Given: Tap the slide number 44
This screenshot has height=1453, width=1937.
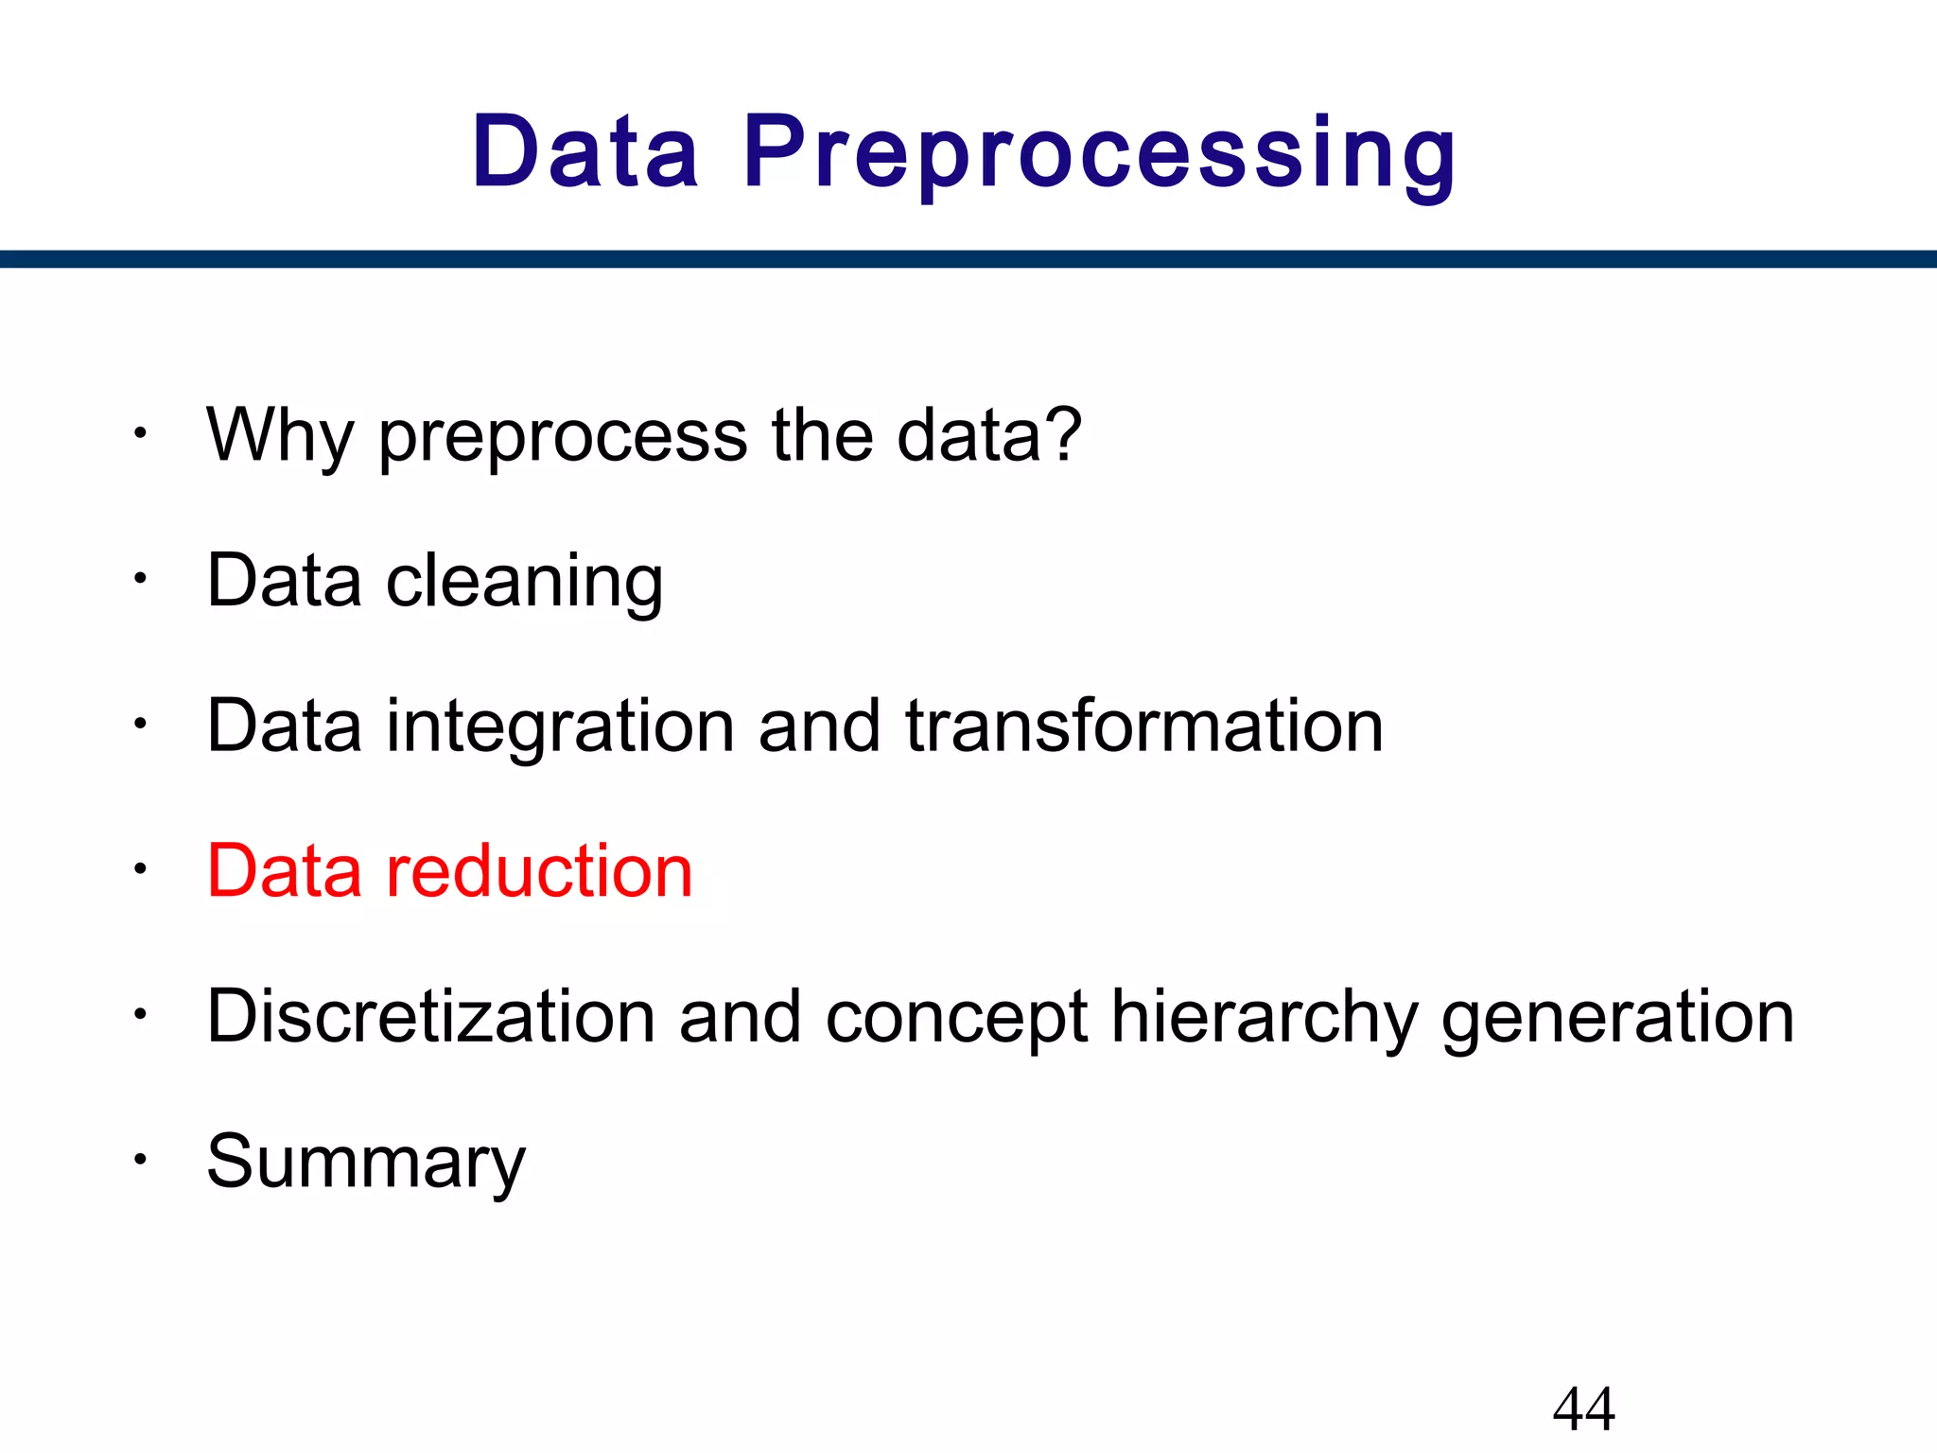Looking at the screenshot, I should click(x=1583, y=1409).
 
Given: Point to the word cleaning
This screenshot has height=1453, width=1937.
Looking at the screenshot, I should click(x=524, y=581).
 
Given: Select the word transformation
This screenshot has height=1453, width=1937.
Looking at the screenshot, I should click(x=1143, y=726).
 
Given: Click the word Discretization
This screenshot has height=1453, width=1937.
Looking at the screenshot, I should click(x=430, y=1017).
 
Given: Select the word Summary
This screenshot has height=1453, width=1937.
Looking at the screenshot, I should click(x=366, y=1164).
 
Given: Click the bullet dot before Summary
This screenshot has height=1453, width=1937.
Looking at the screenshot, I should click(x=140, y=1159).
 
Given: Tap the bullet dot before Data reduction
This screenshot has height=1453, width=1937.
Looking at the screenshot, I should click(x=140, y=868).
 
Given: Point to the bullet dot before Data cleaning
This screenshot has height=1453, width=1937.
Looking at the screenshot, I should click(x=140, y=578).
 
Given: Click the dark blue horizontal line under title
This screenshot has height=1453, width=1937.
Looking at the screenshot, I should click(x=968, y=259).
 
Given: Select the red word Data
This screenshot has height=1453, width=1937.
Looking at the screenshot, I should click(x=284, y=871).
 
